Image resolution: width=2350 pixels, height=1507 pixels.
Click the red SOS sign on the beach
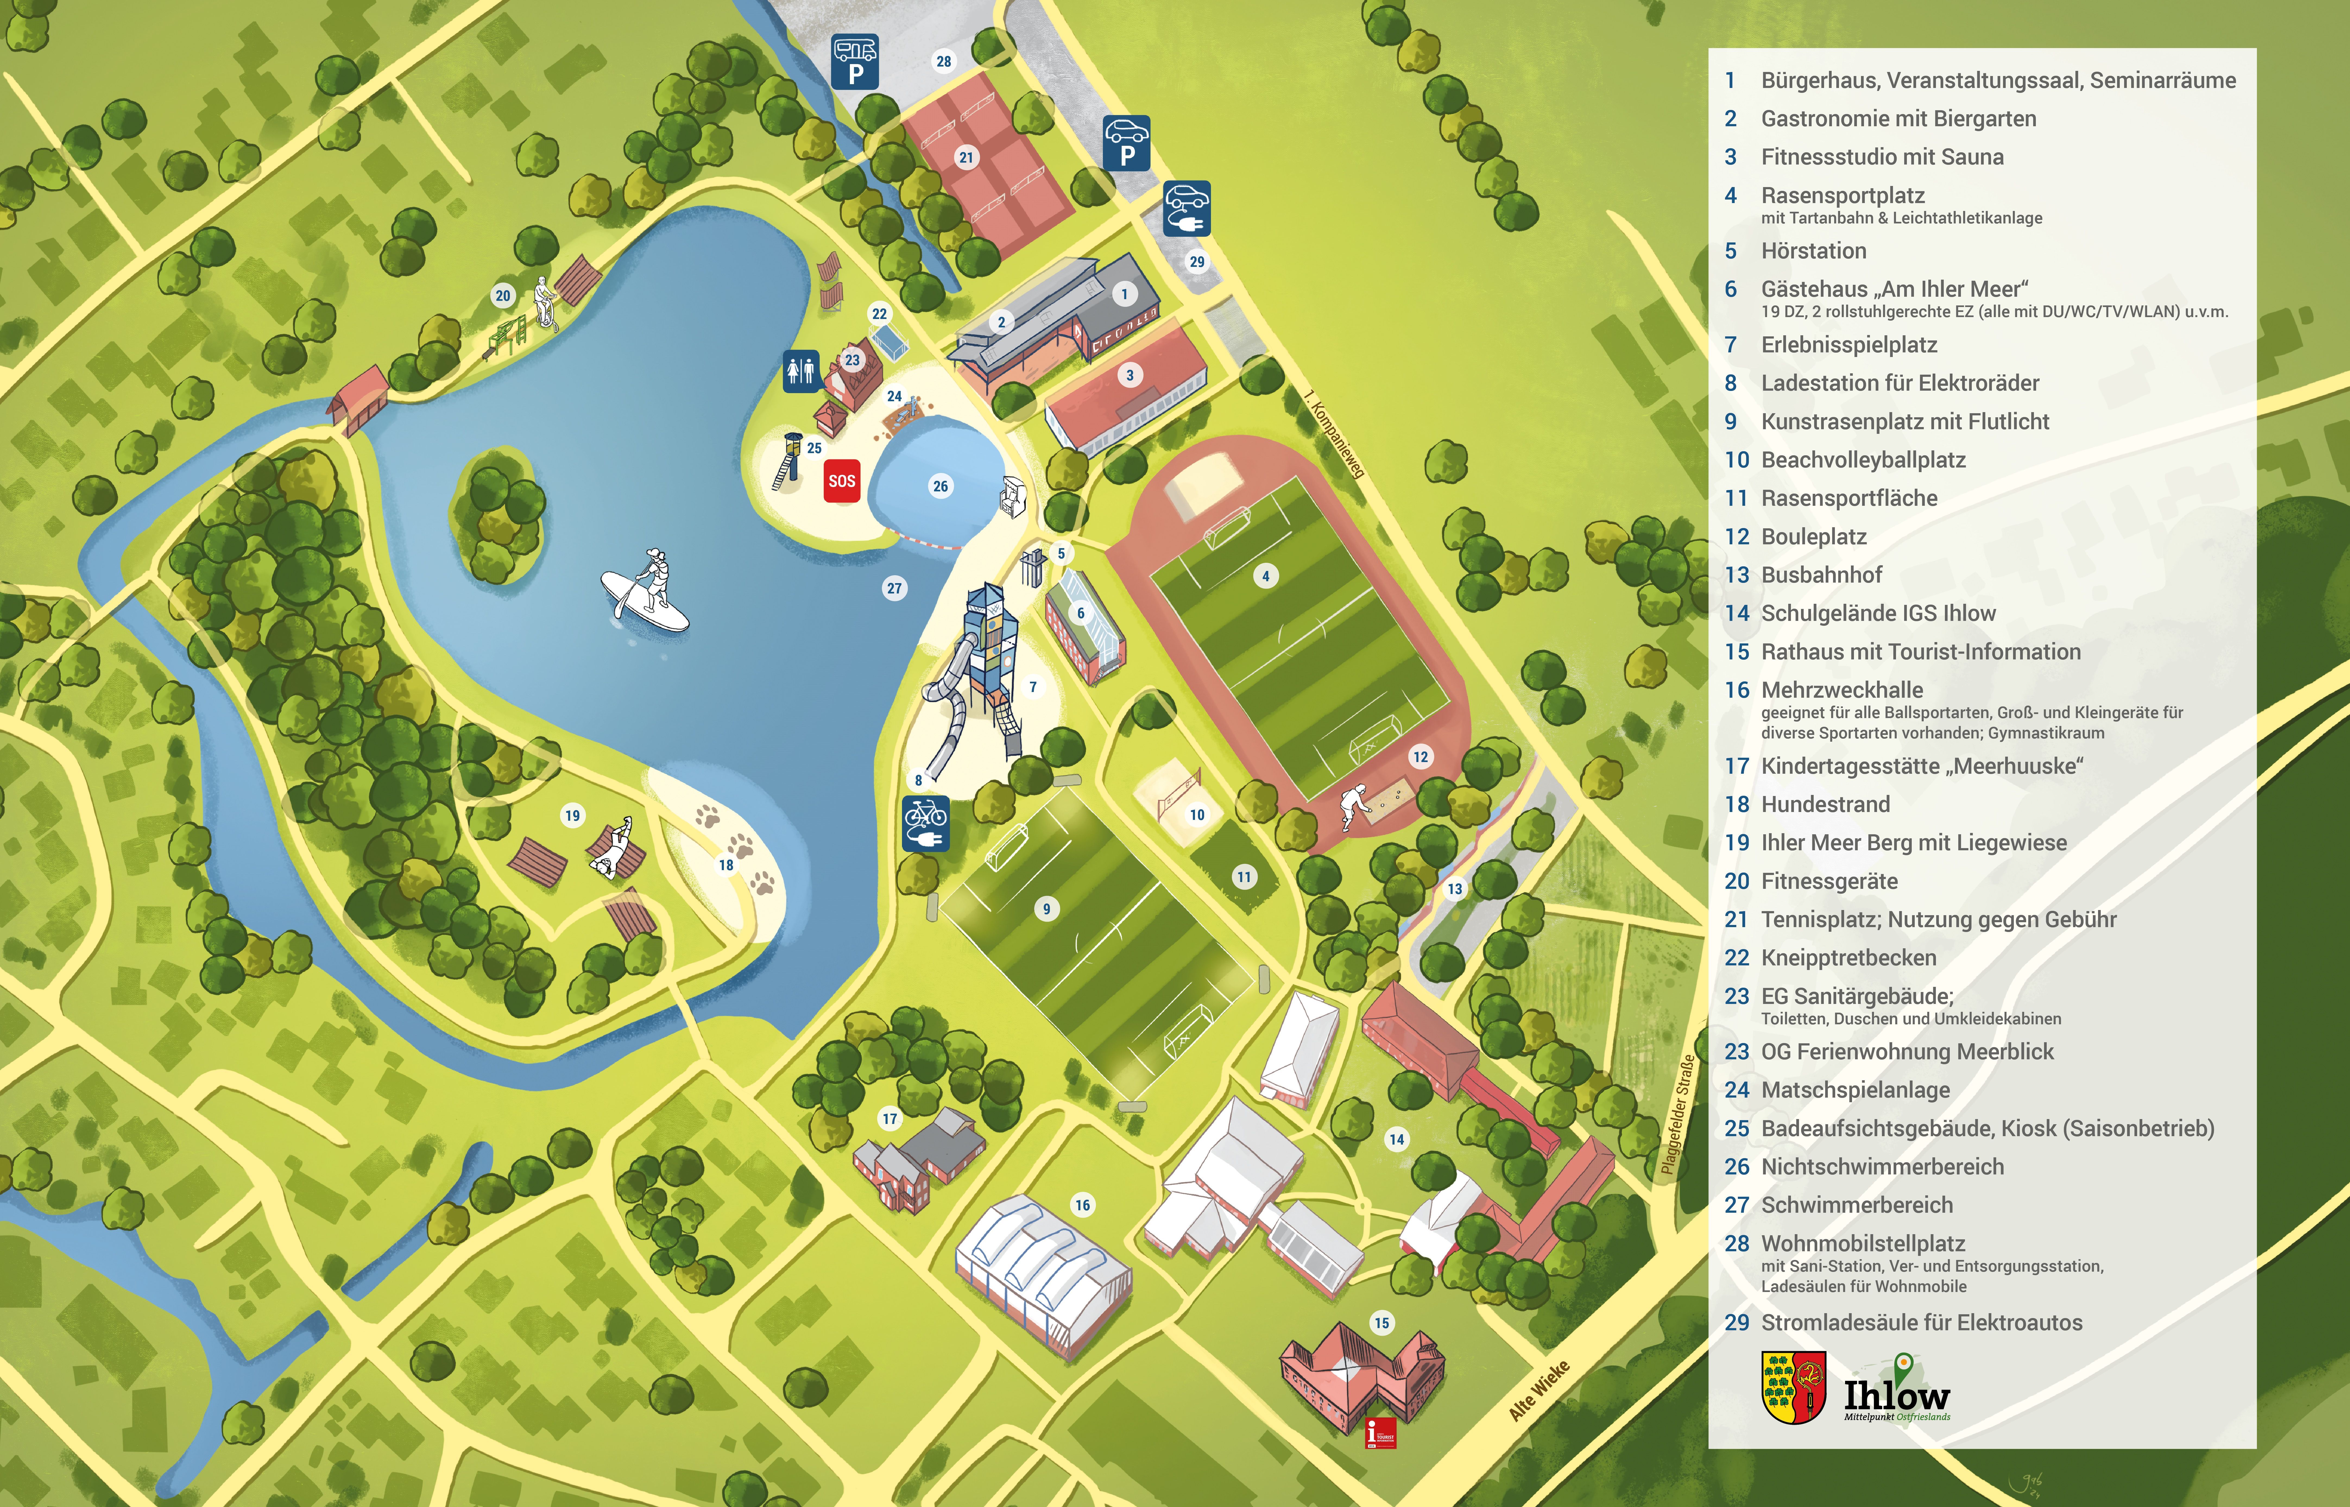click(x=842, y=481)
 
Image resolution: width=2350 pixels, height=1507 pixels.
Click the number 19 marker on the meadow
click(x=573, y=815)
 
